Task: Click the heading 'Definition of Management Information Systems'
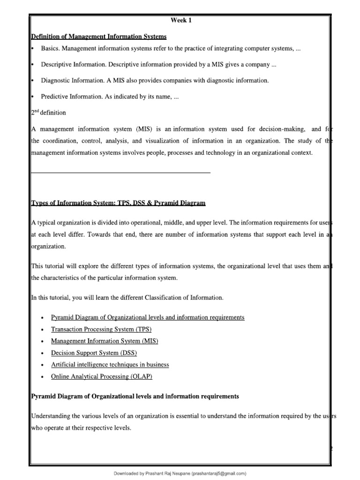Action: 98,37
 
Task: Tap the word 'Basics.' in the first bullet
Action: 51,49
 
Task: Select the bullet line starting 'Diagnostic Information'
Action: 155,81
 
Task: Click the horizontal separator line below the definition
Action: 120,173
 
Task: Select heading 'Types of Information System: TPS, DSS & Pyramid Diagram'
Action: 118,203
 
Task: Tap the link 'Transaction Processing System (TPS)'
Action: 101,329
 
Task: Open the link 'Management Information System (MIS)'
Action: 104,341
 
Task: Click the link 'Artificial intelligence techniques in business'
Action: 110,364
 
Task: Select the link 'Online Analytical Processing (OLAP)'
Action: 102,376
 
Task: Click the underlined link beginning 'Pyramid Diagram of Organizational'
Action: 148,317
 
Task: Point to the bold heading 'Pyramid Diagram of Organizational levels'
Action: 135,396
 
